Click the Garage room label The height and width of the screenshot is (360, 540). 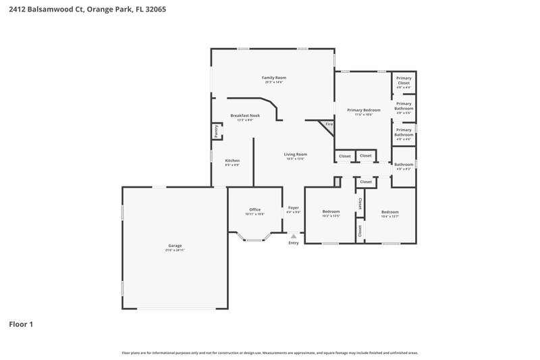click(x=175, y=245)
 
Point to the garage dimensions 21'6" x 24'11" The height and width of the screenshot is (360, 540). click(x=175, y=250)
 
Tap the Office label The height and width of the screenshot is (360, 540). click(x=254, y=209)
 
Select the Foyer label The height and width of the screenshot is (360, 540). click(x=294, y=207)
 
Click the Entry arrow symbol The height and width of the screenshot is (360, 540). click(x=294, y=236)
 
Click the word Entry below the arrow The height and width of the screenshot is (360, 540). click(x=294, y=243)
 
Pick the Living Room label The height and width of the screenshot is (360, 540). click(x=295, y=154)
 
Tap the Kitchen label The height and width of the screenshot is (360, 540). click(x=232, y=160)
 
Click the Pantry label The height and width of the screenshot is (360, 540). click(x=216, y=131)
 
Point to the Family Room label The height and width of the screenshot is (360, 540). click(x=273, y=78)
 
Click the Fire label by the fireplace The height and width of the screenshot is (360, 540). click(x=329, y=124)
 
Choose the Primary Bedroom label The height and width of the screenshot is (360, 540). click(x=364, y=110)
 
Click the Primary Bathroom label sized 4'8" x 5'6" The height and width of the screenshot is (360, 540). click(x=404, y=106)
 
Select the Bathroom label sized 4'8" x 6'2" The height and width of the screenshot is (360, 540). click(x=404, y=164)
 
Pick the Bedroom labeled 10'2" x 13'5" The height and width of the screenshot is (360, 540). click(x=331, y=211)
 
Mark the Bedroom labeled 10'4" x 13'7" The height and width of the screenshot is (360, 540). click(x=389, y=211)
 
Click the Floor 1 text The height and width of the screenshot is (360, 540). click(x=21, y=324)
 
